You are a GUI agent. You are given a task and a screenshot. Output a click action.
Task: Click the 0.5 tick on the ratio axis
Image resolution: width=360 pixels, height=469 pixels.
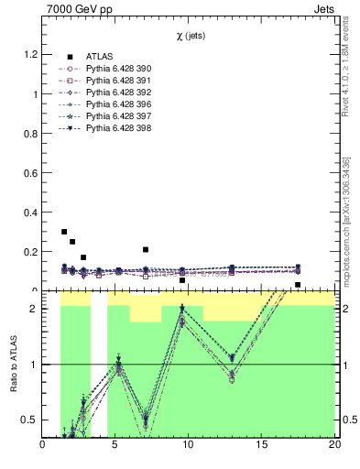tap(30, 420)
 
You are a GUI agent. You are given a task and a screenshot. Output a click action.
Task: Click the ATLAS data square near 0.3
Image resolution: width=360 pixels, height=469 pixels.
tap(64, 232)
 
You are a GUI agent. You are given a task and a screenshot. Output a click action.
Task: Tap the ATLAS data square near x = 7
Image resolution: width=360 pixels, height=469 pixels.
tap(146, 249)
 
